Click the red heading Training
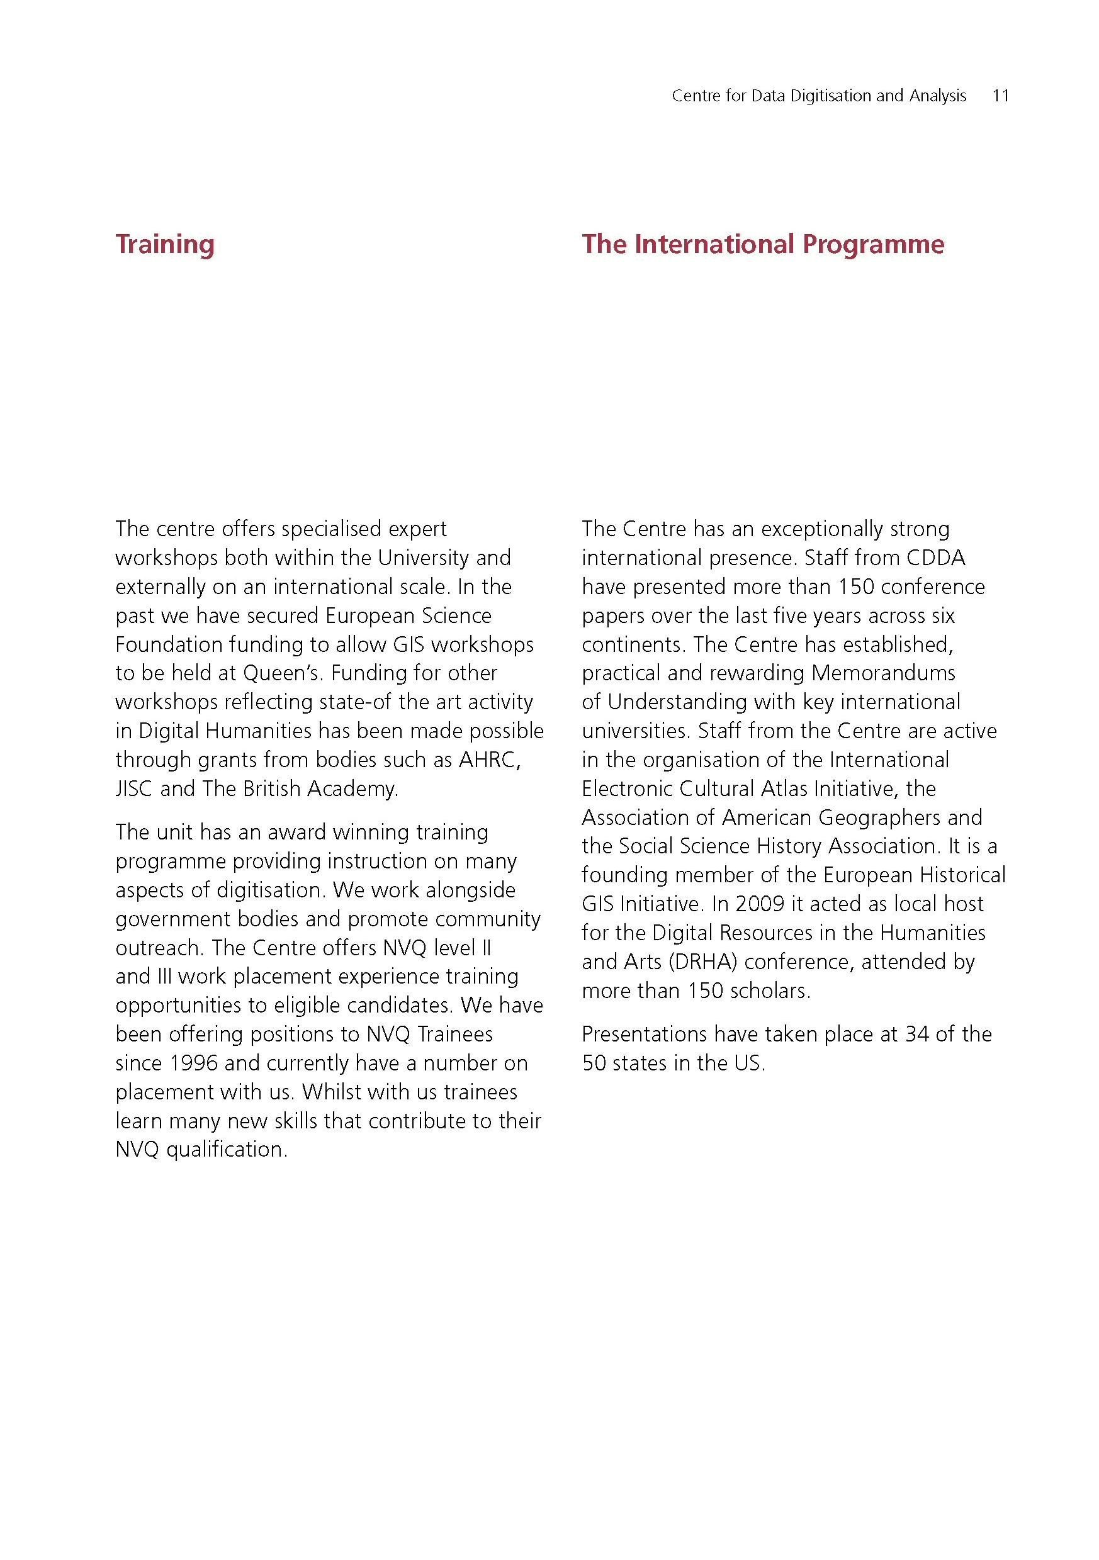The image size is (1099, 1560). click(164, 245)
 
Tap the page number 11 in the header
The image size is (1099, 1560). click(1000, 96)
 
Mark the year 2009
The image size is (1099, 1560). click(760, 904)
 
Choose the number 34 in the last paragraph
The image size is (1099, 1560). click(917, 1034)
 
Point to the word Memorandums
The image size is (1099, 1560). click(883, 673)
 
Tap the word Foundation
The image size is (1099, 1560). click(169, 644)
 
